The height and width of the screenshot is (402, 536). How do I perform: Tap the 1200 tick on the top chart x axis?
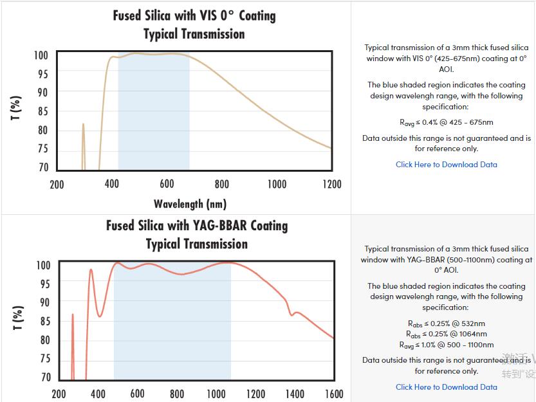332,185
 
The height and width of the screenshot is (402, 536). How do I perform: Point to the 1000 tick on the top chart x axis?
277,185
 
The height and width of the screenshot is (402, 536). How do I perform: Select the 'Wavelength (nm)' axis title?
190,204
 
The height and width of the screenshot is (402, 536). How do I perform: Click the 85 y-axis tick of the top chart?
42,111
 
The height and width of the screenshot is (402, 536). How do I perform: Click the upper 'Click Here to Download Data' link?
446,165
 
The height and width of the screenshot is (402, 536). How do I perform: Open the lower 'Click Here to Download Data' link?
446,387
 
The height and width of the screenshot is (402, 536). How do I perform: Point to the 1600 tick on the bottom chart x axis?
334,394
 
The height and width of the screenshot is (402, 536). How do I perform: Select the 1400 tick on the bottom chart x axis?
294,394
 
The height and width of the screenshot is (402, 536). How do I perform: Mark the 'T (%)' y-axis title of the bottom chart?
18,317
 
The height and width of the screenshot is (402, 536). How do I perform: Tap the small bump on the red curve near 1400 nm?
295,313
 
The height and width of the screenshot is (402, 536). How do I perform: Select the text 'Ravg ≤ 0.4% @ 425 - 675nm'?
446,122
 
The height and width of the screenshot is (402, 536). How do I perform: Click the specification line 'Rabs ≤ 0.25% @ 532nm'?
446,324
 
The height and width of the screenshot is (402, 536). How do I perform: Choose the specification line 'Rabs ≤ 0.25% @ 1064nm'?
446,334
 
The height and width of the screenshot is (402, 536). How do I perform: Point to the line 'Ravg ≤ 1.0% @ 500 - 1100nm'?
446,345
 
